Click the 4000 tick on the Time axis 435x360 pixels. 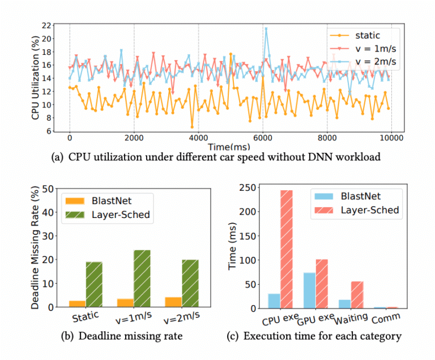coord(198,136)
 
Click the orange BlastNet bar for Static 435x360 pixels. coord(78,304)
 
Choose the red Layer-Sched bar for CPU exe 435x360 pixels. coord(285,249)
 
